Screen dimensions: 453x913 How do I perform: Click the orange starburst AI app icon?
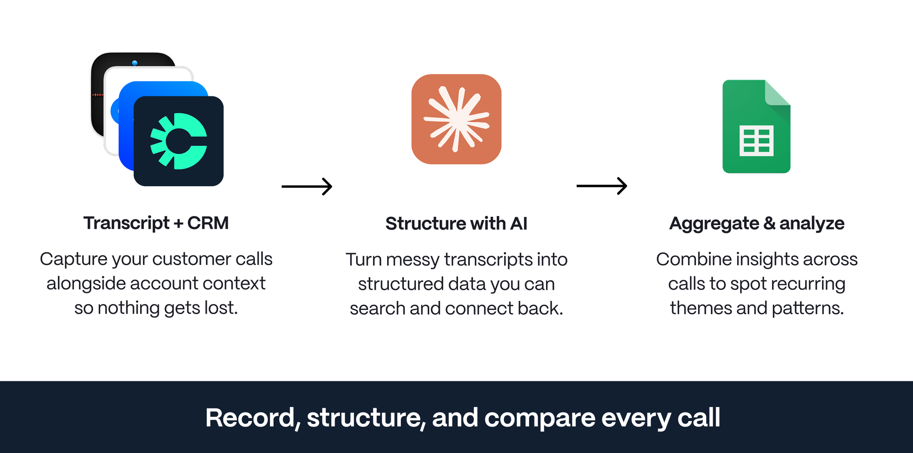pyautogui.click(x=456, y=119)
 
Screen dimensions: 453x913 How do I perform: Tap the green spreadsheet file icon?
pyautogui.click(x=756, y=126)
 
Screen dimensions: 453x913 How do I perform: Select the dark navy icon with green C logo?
pyautogui.click(x=178, y=141)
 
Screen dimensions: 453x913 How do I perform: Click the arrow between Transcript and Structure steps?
pyautogui.click(x=307, y=186)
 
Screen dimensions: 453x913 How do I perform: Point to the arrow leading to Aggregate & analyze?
pyautogui.click(x=602, y=186)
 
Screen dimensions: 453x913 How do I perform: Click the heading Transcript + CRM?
pyautogui.click(x=156, y=223)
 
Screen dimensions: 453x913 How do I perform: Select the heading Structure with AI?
pyautogui.click(x=456, y=224)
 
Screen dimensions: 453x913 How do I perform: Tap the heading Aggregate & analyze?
pyautogui.click(x=756, y=223)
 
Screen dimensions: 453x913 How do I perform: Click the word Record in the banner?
pyautogui.click(x=252, y=418)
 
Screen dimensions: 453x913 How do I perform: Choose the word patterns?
pyautogui.click(x=807, y=308)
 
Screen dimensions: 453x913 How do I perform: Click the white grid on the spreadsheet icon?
pyautogui.click(x=756, y=141)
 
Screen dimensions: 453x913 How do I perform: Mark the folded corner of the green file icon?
pyautogui.click(x=778, y=93)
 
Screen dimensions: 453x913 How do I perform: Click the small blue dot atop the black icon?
pyautogui.click(x=135, y=63)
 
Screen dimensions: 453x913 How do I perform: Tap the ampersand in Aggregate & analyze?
pyautogui.click(x=769, y=223)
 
